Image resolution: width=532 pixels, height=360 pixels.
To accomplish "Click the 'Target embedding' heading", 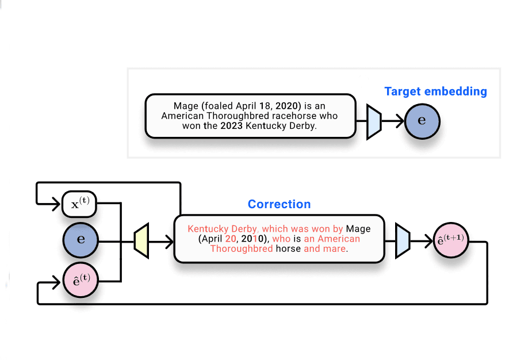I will (x=435, y=91).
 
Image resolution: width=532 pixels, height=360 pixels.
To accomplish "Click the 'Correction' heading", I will (x=279, y=204).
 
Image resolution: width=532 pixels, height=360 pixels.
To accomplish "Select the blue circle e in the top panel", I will (x=422, y=121).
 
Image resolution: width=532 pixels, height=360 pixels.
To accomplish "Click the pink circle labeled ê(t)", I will (x=81, y=280).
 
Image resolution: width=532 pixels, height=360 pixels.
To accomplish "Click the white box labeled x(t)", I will (x=79, y=205).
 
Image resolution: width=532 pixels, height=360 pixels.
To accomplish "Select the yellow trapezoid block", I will (x=141, y=241).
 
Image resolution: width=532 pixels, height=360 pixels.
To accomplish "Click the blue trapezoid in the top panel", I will (x=374, y=121).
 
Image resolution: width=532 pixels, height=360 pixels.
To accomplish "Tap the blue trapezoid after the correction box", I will (x=403, y=241).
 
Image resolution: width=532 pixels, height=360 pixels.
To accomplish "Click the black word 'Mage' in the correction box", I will (x=358, y=228).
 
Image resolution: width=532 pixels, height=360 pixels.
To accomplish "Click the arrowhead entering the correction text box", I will (x=170, y=241).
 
